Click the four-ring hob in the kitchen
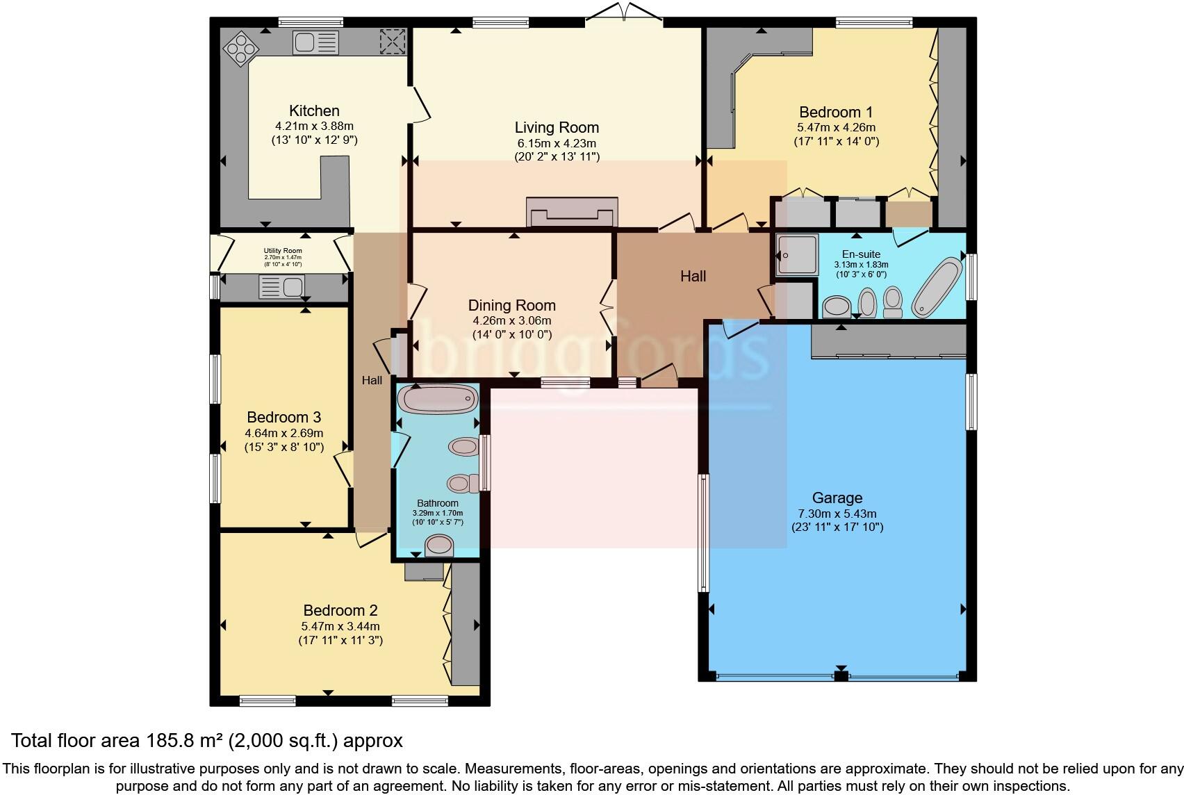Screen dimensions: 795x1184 click(x=240, y=47)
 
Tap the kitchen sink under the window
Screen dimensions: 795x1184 click(x=317, y=43)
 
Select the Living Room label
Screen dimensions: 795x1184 click(x=557, y=127)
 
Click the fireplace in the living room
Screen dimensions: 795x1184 click(x=572, y=212)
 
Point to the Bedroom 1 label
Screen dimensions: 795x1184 click(x=836, y=112)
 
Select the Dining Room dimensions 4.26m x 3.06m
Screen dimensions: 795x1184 click(x=512, y=321)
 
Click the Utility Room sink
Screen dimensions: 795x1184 click(x=282, y=286)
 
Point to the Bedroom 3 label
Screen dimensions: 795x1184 click(x=283, y=417)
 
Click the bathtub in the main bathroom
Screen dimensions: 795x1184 click(x=437, y=400)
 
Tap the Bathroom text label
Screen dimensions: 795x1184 click(x=438, y=503)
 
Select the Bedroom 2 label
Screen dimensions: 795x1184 click(x=340, y=610)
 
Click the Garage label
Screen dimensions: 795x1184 click(x=837, y=498)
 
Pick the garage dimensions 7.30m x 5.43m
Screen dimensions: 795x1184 click(x=837, y=514)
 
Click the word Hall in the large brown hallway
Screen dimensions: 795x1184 click(x=693, y=276)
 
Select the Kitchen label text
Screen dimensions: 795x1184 click(x=314, y=110)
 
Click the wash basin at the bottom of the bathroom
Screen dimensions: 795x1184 click(x=438, y=546)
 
